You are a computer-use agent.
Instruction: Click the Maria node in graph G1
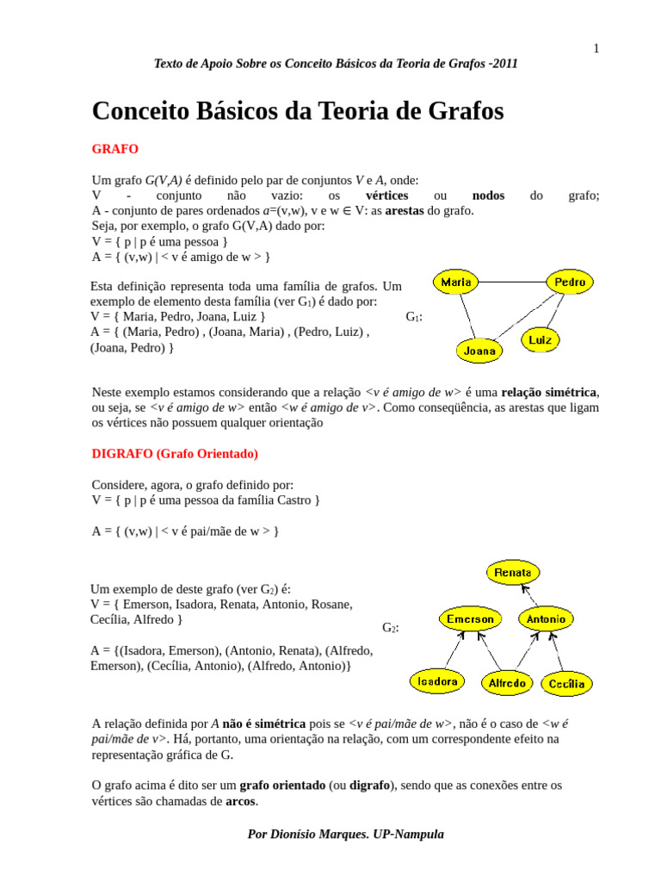[x=455, y=282]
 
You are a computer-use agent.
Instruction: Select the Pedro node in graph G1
[x=570, y=282]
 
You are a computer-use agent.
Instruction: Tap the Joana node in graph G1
[x=479, y=351]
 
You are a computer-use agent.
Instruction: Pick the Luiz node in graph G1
[x=540, y=339]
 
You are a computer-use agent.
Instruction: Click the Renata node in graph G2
[x=513, y=572]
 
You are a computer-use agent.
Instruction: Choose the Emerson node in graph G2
[x=470, y=618]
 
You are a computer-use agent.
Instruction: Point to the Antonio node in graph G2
[x=546, y=618]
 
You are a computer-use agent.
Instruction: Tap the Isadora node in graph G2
[x=437, y=681]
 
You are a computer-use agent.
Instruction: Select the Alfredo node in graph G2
[x=507, y=683]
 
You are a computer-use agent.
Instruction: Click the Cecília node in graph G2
[x=566, y=684]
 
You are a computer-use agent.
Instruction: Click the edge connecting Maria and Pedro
[x=512, y=282]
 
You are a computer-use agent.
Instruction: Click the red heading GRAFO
[x=114, y=149]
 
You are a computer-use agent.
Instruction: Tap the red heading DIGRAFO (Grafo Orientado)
[x=175, y=454]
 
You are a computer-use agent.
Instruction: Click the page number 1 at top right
[x=596, y=48]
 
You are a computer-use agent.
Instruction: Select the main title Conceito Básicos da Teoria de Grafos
[x=297, y=111]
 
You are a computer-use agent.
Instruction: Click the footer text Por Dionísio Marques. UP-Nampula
[x=345, y=834]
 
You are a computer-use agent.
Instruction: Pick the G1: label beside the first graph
[x=414, y=317]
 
